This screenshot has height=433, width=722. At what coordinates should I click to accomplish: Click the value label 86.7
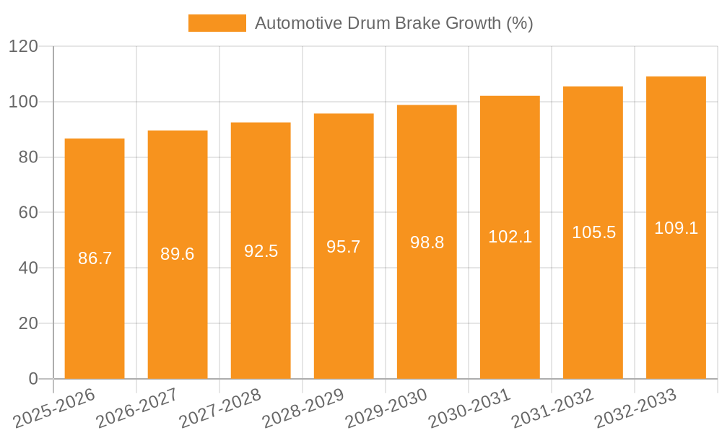point(95,258)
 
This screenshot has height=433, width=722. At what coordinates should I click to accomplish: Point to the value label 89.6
point(178,254)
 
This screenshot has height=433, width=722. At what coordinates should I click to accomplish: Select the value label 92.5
point(261,251)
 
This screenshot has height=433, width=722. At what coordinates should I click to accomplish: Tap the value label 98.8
point(427,242)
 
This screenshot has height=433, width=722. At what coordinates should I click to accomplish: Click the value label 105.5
point(593,232)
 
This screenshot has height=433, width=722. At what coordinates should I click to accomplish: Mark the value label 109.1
point(676,228)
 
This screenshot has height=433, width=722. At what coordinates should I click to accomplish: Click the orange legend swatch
point(217,23)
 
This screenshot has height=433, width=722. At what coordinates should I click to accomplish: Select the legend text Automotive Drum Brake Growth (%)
point(393,23)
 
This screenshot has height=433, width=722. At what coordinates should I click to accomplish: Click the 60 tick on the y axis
point(27,212)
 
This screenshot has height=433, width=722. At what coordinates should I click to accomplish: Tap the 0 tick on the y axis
point(32,379)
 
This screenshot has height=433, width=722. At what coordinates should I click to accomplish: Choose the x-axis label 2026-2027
point(136,408)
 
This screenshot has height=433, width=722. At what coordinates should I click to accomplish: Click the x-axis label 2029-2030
point(386,408)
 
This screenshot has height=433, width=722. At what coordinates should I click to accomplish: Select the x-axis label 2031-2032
point(552,408)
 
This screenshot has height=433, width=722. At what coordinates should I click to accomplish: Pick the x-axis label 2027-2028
point(219,408)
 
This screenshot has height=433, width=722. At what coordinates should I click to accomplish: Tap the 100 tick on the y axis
point(23,102)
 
